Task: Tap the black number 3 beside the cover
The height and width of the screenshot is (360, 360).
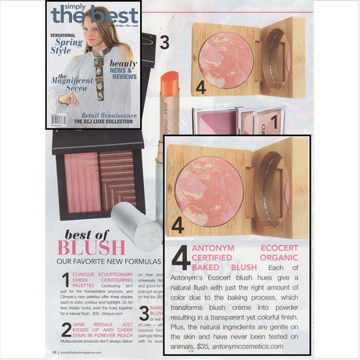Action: click(165, 42)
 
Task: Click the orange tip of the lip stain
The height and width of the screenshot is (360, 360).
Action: click(170, 80)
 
